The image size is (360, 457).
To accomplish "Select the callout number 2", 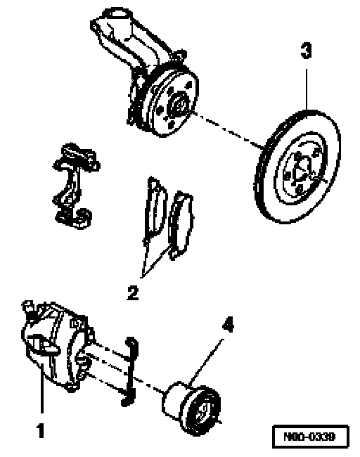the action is coord(133,292).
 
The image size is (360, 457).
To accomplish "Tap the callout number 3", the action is coord(306,51).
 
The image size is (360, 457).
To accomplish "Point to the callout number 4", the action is coord(228,324).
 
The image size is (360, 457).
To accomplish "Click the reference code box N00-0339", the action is coord(311,437).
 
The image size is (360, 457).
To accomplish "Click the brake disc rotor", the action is coord(297,167).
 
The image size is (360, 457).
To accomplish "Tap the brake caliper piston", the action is coord(191,408).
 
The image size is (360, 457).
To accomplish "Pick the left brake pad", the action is coord(155,207).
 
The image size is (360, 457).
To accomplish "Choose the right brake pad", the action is coord(181,224).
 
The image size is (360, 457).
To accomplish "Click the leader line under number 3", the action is coord(306,89).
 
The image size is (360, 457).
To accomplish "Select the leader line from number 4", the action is coord(205,361).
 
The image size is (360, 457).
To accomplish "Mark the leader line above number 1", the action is coord(43,387).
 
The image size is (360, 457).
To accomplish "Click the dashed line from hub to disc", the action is coord(228,129).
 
